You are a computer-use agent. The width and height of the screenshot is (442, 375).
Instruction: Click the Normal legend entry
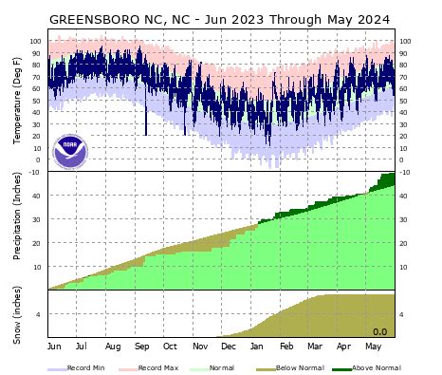pos(223,366)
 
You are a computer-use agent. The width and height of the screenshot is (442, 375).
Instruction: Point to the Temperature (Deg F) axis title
pos(17,104)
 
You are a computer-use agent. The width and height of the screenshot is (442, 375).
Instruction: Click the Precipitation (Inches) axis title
pos(17,231)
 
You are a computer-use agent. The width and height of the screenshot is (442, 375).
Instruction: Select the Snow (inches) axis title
pos(17,314)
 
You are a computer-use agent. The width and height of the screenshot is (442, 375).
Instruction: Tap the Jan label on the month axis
pos(257,347)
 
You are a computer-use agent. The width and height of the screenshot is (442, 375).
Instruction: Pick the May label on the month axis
pos(373,347)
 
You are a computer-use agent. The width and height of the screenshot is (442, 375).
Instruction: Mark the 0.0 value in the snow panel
pos(379,331)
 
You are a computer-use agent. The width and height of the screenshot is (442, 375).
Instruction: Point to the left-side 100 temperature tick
pos(36,41)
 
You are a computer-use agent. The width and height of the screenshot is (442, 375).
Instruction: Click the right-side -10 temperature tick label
pos(406,172)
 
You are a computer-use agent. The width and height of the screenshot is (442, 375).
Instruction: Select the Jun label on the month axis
pos(54,347)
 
